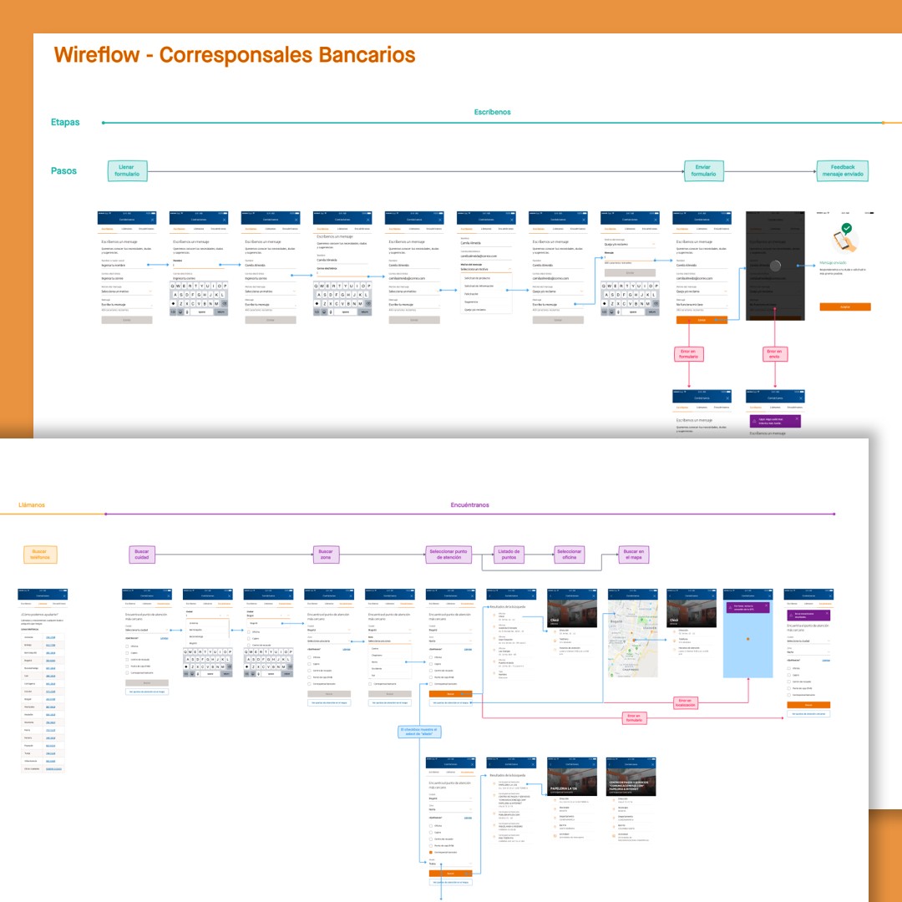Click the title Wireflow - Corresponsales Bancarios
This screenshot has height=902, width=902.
coord(235,55)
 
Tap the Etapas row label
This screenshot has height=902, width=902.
coord(65,122)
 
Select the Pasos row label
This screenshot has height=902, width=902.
coord(64,171)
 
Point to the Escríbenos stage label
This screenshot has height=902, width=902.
coord(492,112)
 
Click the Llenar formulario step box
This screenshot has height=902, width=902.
coord(127,171)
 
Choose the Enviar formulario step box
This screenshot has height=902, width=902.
coord(703,171)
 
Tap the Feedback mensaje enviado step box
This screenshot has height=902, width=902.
coord(843,171)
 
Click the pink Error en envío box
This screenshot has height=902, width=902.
coord(774,354)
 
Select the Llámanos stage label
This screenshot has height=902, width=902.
coord(32,504)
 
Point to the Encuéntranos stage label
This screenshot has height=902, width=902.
coord(469,504)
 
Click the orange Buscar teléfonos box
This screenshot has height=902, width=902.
coord(40,555)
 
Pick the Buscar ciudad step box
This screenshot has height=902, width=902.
coord(142,555)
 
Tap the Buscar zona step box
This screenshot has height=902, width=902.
coord(326,555)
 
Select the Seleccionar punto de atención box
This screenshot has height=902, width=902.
coord(450,555)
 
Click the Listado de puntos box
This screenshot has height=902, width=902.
coord(509,555)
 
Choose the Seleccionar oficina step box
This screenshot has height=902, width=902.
coord(570,555)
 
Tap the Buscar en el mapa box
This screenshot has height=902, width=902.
coord(633,555)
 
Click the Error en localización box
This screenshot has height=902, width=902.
coord(685,702)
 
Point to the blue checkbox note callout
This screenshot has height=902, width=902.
coord(418,732)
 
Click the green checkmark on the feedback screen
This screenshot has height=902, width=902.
coord(846,227)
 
